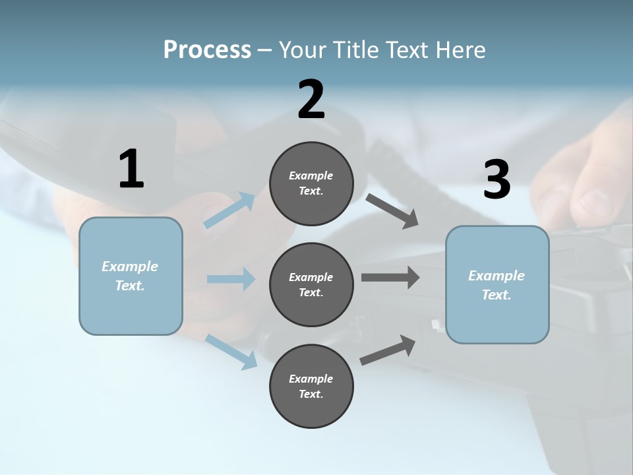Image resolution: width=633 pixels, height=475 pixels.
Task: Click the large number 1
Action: (131, 170)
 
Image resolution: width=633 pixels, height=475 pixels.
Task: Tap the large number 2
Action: (311, 100)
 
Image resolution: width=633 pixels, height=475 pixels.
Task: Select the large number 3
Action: (497, 180)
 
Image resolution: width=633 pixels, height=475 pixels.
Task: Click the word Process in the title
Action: (207, 49)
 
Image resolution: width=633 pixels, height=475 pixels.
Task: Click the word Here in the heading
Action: (461, 49)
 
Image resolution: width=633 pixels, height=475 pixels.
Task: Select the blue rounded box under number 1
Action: (131, 276)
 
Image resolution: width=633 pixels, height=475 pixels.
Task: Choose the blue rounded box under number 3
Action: (497, 285)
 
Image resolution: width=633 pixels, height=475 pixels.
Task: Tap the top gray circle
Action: (311, 183)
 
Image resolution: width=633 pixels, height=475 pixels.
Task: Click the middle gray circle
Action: (311, 285)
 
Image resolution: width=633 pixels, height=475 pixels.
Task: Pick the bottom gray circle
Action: (311, 387)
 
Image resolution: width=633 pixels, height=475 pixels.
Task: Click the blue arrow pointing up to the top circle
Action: (230, 210)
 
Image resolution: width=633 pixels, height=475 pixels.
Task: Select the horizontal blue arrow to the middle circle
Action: (231, 279)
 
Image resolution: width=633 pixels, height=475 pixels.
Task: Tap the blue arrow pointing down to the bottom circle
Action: (231, 351)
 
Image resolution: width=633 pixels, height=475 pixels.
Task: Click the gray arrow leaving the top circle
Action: (392, 210)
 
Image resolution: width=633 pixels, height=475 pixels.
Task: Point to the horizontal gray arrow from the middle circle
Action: (390, 277)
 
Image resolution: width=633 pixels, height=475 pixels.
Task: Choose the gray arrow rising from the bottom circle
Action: (388, 350)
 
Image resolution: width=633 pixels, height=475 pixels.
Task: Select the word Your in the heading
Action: (303, 49)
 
